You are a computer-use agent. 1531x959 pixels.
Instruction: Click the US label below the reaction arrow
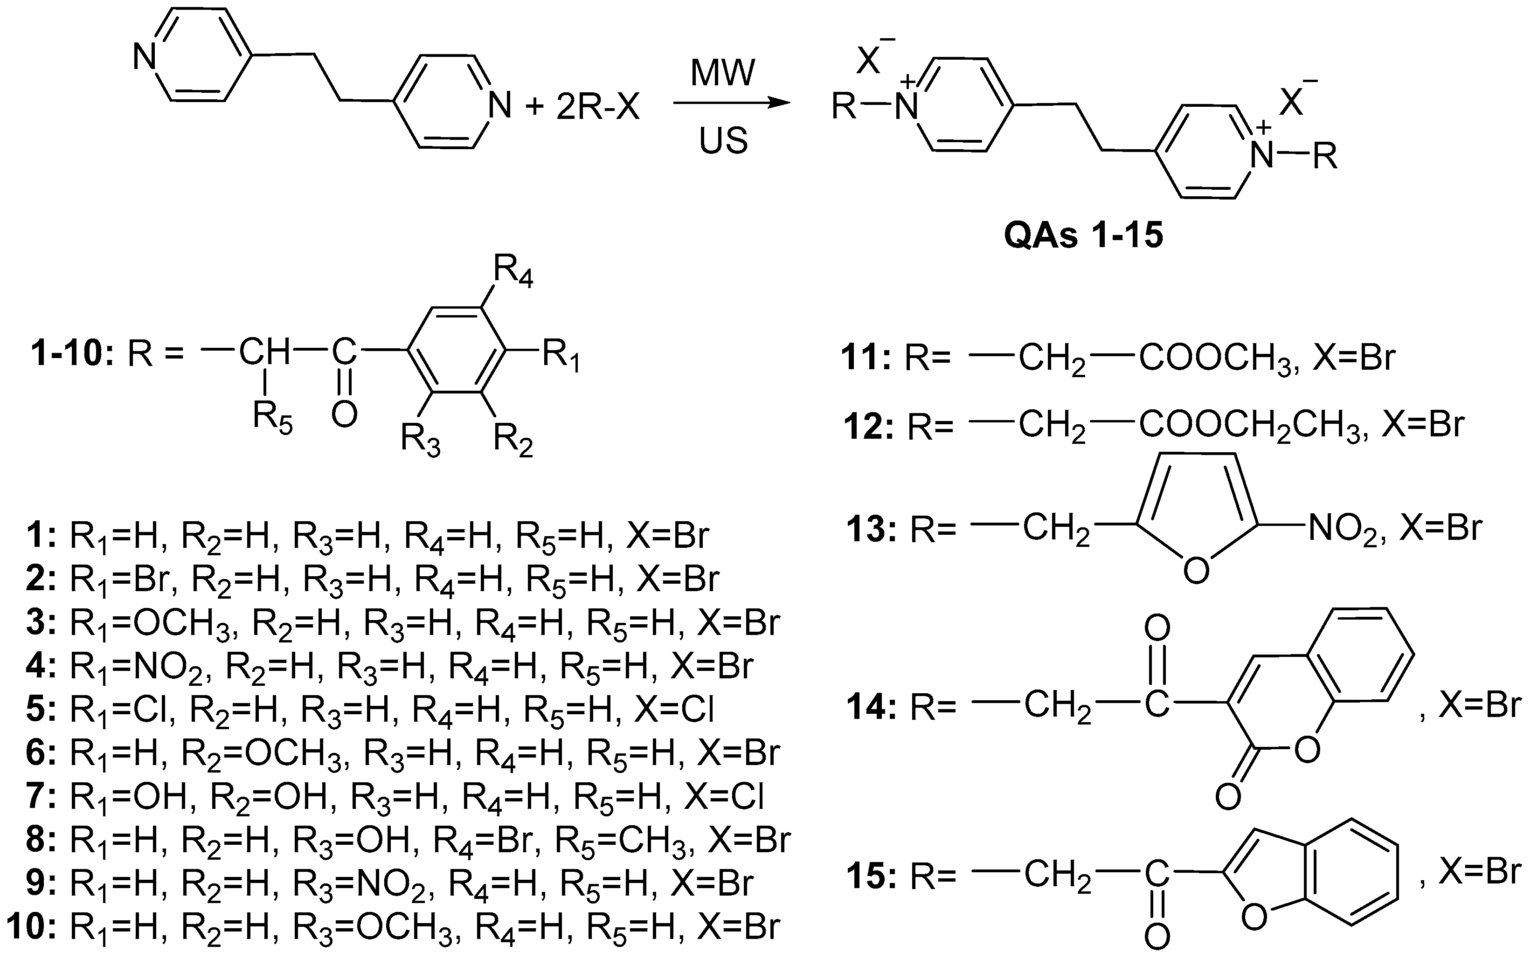pos(723,141)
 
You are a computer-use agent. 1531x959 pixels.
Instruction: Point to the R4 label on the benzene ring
pos(513,273)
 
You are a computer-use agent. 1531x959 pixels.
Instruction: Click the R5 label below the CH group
pos(273,418)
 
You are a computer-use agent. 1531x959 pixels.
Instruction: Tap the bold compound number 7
pos(41,797)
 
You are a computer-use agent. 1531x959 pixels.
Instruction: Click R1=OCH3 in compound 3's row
pos(152,623)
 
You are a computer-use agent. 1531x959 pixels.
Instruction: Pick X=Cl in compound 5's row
pos(674,710)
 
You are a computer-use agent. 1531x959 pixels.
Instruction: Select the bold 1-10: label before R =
pos(71,352)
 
